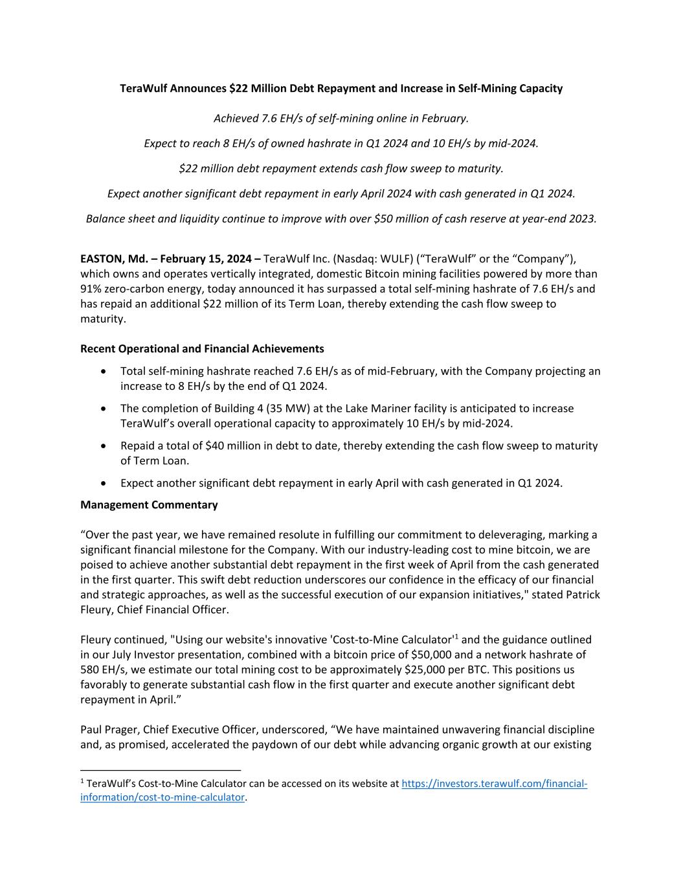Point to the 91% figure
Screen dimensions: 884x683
[91, 289]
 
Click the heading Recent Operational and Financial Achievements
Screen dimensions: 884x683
[202, 349]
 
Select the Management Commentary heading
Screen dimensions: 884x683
[149, 504]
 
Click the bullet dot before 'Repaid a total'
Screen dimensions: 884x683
[104, 446]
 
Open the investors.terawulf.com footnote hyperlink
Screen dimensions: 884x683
[494, 784]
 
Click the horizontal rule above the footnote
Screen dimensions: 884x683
[161, 770]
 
